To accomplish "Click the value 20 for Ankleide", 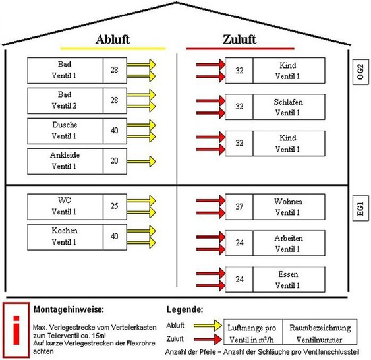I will tap(114, 160).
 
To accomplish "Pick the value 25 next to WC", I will tap(114, 206).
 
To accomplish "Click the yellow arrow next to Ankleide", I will tap(140, 160).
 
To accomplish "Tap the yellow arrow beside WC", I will tap(140, 206).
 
